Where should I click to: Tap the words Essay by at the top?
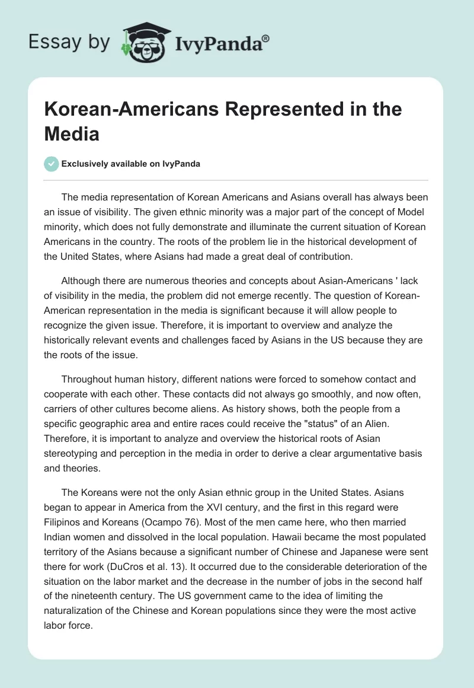click(69, 42)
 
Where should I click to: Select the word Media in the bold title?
click(72, 134)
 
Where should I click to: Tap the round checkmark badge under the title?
click(52, 164)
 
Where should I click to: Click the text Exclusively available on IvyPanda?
click(132, 164)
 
